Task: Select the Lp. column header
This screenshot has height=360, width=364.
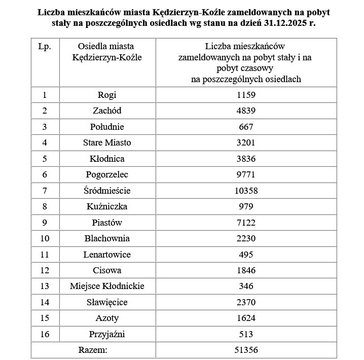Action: (45, 47)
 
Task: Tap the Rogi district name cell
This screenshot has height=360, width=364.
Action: (107, 95)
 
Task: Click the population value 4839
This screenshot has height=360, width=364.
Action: (246, 111)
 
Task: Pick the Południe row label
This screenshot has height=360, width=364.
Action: (107, 127)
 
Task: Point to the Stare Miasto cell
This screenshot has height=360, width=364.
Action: (107, 142)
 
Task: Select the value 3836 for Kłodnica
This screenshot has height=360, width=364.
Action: (246, 159)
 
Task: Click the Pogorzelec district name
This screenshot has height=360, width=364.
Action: (107, 174)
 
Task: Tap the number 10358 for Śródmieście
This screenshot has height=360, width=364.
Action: (246, 191)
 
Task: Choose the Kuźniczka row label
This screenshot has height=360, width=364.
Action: (107, 206)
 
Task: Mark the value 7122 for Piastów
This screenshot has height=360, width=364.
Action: (246, 223)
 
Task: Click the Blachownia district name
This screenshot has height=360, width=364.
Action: (107, 238)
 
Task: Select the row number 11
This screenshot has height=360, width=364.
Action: (45, 255)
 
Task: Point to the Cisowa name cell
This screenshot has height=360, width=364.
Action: (107, 270)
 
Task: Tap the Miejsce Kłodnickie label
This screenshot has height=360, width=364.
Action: (107, 286)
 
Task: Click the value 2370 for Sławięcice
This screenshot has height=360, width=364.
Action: (246, 302)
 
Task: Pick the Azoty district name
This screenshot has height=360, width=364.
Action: (107, 318)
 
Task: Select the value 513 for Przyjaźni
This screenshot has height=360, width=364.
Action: (246, 334)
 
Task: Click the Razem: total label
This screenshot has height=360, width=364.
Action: (93, 350)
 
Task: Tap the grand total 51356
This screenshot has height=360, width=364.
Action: (246, 350)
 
